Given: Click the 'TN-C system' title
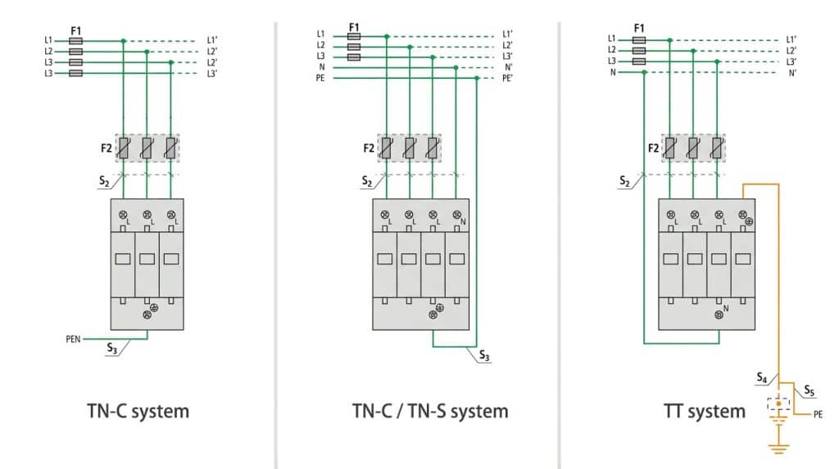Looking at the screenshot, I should tap(138, 411).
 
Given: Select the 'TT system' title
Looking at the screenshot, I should tap(704, 411).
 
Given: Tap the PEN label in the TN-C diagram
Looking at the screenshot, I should tap(74, 337).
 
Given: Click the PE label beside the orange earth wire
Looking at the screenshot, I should tap(818, 415).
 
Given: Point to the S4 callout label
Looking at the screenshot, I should tap(761, 378).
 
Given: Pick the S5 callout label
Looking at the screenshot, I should tap(809, 390).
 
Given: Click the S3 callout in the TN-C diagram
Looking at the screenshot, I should tap(112, 348).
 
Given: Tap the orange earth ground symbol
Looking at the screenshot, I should tap(778, 446).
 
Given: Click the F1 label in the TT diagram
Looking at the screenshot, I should tap(639, 28).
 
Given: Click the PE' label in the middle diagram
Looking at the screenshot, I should tap(509, 78).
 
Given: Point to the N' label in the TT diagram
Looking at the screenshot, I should tap(792, 73).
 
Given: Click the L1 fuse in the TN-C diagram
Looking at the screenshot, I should tap(75, 39).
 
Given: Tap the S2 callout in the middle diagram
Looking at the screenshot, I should tap(367, 181).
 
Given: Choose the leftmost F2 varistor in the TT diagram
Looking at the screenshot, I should tap(671, 148).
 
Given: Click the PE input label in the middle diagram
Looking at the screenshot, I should tap(321, 78).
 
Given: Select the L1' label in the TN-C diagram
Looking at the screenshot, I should tap(211, 39).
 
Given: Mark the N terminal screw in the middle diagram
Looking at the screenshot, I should tap(456, 216).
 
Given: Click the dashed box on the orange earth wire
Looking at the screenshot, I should tap(778, 403).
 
